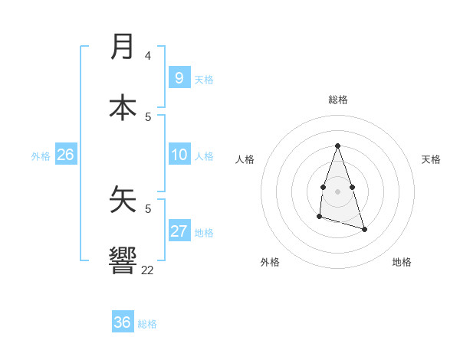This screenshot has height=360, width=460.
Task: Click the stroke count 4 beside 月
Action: pos(148,56)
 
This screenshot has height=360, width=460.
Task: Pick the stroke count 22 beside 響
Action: pos(147,270)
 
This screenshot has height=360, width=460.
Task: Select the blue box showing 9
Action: pos(179,78)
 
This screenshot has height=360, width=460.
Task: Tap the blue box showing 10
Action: pos(179,155)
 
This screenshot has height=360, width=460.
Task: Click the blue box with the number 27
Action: pos(179,231)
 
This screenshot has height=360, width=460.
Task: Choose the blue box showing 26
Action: pos(65,155)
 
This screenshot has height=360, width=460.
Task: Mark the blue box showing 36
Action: pos(123,322)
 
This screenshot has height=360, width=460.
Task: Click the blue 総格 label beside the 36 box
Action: pos(147,324)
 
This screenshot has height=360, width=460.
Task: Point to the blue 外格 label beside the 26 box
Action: pos(41,156)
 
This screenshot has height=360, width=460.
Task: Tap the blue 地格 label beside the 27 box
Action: pos(204,233)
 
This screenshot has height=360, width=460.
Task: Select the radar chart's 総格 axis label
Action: pos(338,100)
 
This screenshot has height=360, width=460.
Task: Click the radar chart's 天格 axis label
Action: pos(431,159)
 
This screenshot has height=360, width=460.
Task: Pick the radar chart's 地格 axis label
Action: pos(402,262)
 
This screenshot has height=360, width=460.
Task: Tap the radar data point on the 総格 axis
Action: pos(337,146)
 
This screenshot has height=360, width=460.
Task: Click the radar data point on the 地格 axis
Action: pos(364,229)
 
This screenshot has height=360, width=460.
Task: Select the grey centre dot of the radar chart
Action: pos(337,190)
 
